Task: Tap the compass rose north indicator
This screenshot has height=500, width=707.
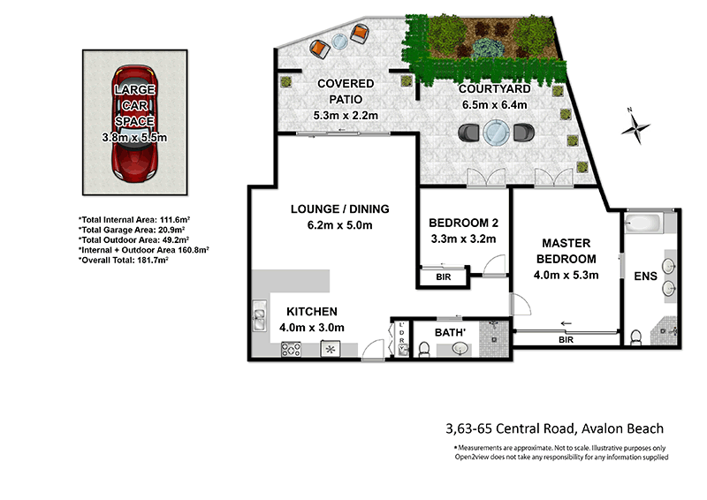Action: point(634,126)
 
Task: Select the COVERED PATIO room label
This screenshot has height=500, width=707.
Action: point(346,84)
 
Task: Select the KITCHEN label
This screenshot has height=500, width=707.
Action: point(310,312)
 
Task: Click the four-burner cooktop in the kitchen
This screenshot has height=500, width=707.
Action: point(292,350)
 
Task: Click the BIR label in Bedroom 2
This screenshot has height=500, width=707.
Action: point(442,277)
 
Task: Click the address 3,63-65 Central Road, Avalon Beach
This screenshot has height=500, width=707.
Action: point(554,429)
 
